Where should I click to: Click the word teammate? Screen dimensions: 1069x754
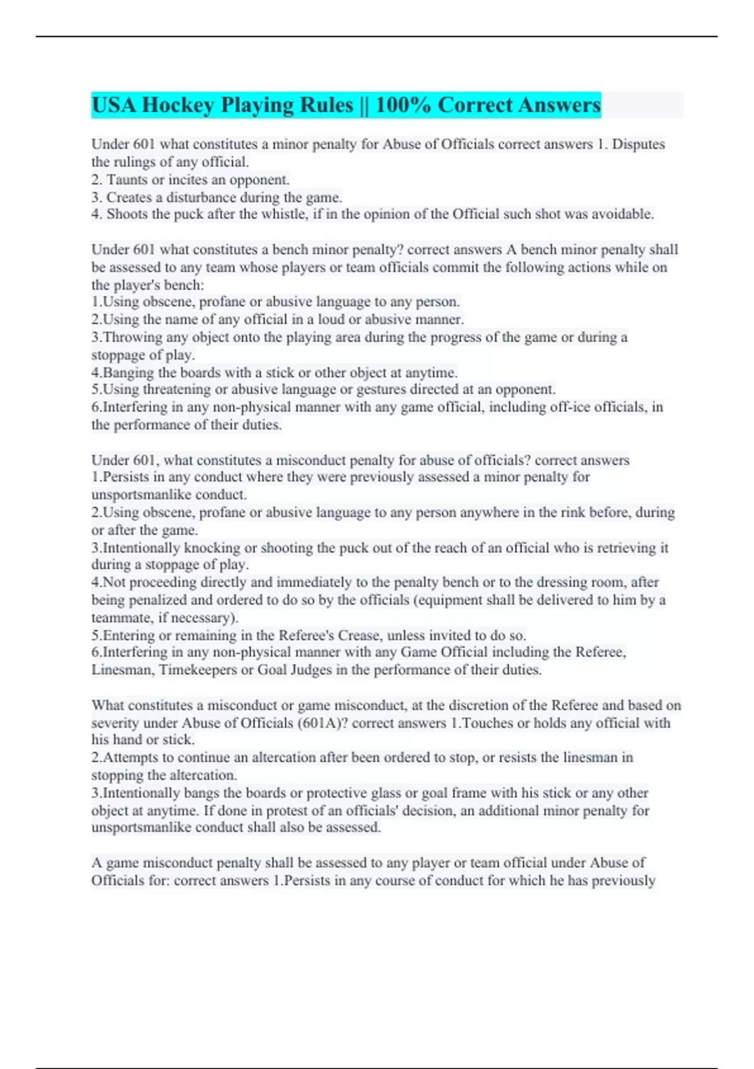click(x=121, y=618)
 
